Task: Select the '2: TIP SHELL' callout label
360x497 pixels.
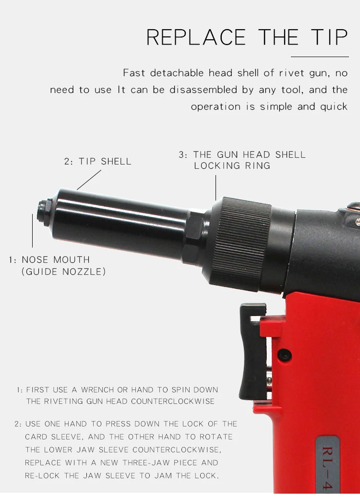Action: point(98,162)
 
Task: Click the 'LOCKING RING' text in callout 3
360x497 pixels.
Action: point(232,166)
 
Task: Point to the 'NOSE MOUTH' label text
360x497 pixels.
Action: point(56,260)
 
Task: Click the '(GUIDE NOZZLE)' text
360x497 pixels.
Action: point(64,272)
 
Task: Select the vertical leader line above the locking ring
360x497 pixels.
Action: point(216,187)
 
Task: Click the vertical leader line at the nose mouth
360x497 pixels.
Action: point(33,230)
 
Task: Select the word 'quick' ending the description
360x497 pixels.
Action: point(334,106)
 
